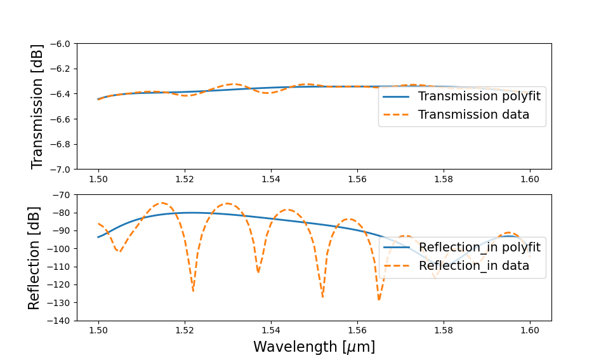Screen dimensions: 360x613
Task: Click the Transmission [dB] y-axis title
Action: (37, 106)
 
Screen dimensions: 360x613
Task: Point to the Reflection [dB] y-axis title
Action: (34, 258)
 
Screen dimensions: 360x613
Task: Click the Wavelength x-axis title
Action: (314, 347)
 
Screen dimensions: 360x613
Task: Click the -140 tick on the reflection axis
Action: (60, 321)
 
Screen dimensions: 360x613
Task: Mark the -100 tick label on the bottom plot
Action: (60, 249)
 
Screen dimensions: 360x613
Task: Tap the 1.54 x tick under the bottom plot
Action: (271, 331)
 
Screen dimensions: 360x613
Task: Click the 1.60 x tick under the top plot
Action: (530, 180)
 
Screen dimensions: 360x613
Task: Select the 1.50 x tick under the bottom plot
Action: (98, 331)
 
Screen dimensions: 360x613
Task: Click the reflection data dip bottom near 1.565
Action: (379, 299)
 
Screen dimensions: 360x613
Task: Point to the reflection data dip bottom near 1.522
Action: (193, 290)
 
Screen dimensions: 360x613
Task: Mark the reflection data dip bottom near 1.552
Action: (322, 296)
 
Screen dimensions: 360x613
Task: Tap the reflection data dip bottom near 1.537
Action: (258, 272)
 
